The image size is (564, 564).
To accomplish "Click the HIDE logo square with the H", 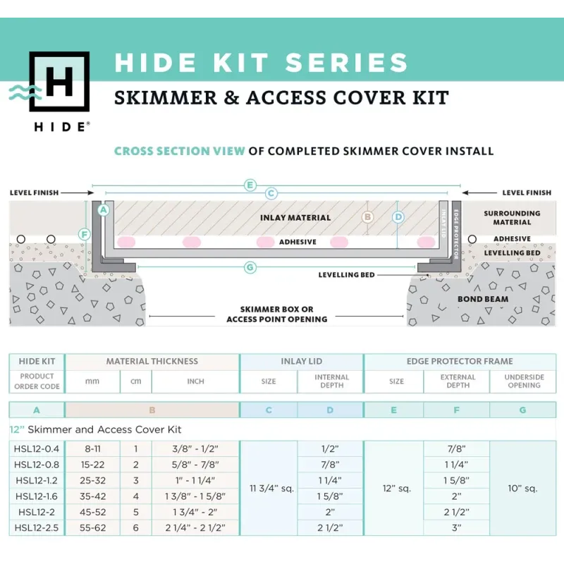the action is click(59, 82).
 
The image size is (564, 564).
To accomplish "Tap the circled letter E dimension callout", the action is click(250, 185).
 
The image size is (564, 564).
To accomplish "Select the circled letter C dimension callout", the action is click(271, 193).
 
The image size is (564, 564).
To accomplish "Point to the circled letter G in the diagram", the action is click(250, 267).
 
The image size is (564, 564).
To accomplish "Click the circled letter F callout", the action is click(85, 235).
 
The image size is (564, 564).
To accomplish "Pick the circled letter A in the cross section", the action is click(104, 209).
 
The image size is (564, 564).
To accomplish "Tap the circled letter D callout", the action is click(398, 217).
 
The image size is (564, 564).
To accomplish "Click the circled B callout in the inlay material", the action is click(367, 217).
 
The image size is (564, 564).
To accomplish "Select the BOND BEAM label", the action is click(483, 299).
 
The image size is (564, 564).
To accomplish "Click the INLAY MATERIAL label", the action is click(295, 218).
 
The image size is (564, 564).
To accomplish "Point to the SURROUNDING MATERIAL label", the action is click(512, 218).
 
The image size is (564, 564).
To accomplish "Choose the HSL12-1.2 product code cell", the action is click(37, 481).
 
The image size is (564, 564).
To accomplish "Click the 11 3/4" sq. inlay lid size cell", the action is click(271, 489).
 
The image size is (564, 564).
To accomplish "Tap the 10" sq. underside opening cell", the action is click(522, 489).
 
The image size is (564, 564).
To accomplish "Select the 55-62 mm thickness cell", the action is click(93, 527).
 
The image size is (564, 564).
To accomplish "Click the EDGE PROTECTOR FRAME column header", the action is click(460, 362).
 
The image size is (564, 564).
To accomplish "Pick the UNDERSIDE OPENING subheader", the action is click(524, 381).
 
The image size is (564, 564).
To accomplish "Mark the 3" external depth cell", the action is click(456, 527).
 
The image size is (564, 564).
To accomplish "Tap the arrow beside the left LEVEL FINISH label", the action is click(78, 192).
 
